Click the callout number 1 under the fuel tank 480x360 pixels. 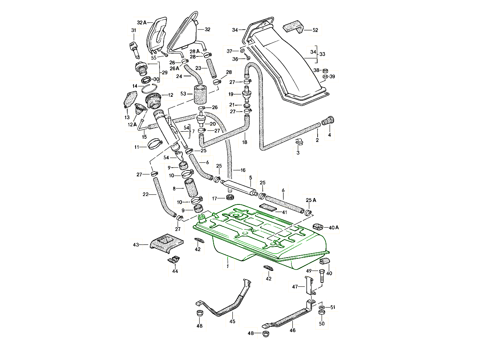[227, 266]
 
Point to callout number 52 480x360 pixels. [316, 30]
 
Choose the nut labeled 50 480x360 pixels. [321, 312]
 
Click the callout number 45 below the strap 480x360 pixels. [232, 321]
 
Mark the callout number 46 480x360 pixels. [292, 330]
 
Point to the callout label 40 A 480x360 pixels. [334, 228]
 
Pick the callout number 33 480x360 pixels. [322, 54]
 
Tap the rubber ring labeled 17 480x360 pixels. [230, 198]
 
